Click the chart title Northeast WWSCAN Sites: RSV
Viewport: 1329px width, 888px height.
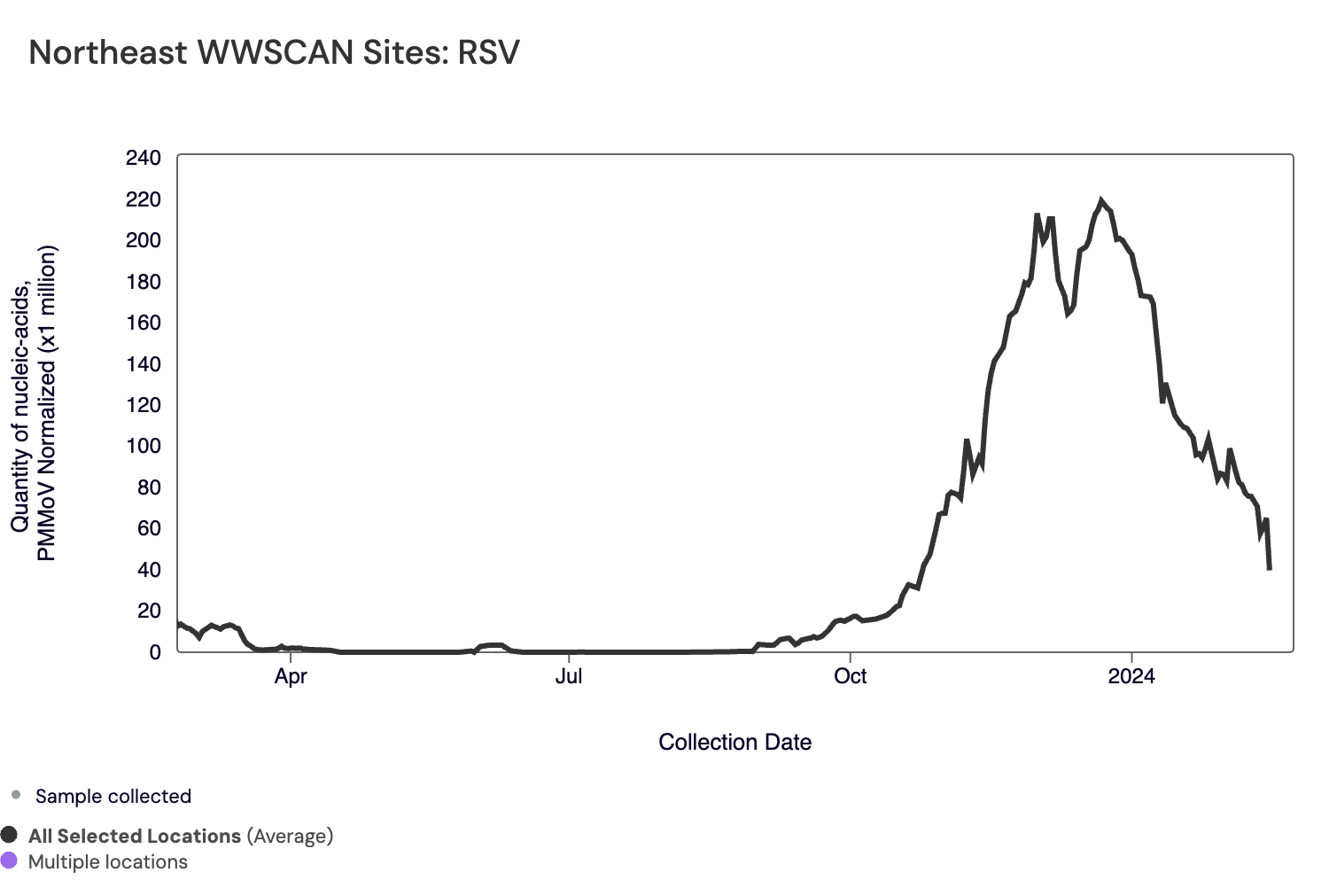[x=274, y=53]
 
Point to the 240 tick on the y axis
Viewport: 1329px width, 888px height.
[x=144, y=159]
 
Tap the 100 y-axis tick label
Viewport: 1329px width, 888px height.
[x=144, y=446]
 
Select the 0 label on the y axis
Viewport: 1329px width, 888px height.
[x=155, y=652]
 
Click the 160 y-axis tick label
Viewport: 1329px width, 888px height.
[x=144, y=323]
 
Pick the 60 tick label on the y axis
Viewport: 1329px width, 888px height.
[x=149, y=528]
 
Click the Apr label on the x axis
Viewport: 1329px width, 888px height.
[x=291, y=676]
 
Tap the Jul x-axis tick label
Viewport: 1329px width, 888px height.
[x=569, y=676]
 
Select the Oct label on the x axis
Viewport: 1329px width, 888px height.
[x=851, y=676]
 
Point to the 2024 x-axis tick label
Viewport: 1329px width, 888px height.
[x=1131, y=676]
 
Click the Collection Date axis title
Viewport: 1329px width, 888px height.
[x=734, y=743]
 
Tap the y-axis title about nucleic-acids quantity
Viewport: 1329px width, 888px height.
[x=34, y=403]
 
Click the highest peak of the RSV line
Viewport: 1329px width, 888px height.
[x=1101, y=201]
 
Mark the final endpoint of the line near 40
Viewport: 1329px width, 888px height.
[x=1270, y=568]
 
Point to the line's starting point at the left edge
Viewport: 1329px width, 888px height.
[x=179, y=625]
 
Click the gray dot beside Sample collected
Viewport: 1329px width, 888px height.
[x=16, y=795]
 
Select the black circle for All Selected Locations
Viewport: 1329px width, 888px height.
[x=9, y=835]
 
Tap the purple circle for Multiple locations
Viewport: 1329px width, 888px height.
[x=9, y=861]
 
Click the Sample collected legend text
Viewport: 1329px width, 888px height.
[x=113, y=796]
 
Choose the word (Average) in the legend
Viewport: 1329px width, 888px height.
[x=290, y=836]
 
